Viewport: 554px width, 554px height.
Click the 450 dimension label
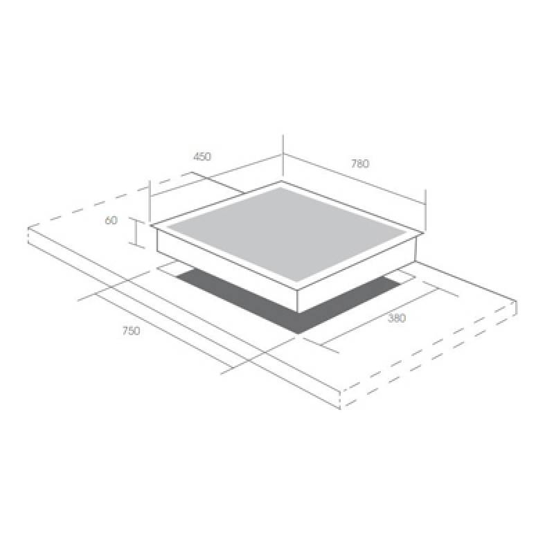coord(202,157)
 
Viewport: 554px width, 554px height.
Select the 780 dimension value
coord(360,163)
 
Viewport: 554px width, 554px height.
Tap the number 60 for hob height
coord(111,220)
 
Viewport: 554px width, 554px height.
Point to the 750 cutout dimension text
coord(132,331)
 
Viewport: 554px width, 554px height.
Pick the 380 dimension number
coord(397,319)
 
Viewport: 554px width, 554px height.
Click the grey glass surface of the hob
coord(287,233)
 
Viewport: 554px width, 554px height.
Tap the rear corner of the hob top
coord(282,181)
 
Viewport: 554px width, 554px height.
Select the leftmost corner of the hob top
coord(150,225)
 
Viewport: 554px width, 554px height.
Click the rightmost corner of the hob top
coord(424,233)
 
